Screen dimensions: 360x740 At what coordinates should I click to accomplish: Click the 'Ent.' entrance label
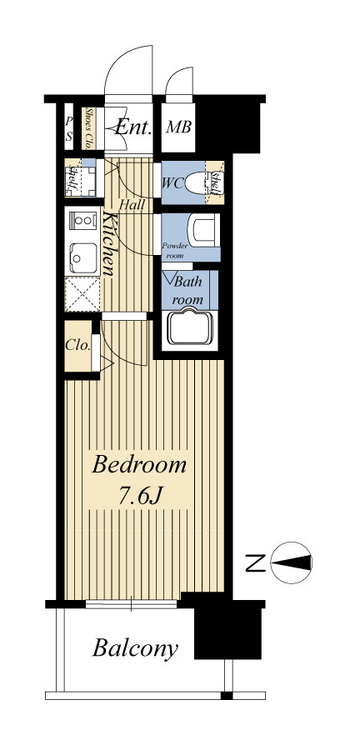click(133, 127)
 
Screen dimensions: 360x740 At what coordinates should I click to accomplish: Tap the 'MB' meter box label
click(178, 127)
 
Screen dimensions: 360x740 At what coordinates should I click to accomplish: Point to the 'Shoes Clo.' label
click(88, 128)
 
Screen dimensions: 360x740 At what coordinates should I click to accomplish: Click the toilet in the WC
click(198, 182)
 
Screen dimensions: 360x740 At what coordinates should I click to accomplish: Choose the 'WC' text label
click(172, 183)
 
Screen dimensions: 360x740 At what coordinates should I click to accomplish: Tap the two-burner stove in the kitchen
click(82, 220)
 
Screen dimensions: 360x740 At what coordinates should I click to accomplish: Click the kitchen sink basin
click(83, 257)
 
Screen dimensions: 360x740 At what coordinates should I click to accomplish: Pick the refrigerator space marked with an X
click(82, 294)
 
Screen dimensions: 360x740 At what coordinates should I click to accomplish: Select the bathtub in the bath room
click(190, 326)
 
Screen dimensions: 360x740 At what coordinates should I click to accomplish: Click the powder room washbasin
click(204, 230)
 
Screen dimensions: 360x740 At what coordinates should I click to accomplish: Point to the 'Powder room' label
click(175, 251)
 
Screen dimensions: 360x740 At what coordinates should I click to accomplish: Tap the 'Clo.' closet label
click(77, 345)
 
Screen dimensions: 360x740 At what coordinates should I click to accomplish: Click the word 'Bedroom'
click(139, 465)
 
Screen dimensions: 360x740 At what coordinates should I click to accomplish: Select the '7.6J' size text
click(140, 496)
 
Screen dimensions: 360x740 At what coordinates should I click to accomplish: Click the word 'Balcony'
click(135, 648)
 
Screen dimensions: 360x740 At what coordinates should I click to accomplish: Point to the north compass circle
click(291, 562)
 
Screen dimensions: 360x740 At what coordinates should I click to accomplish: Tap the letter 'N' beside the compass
click(256, 563)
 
